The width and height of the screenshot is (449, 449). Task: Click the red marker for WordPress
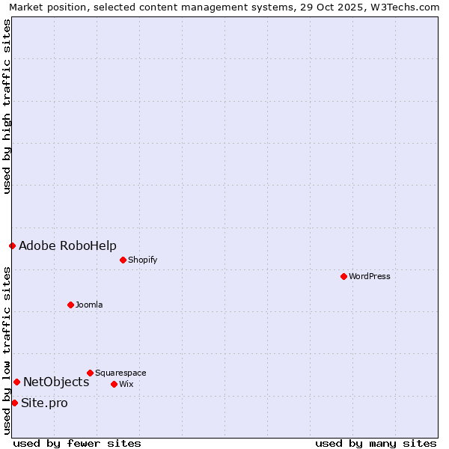pyautogui.click(x=343, y=276)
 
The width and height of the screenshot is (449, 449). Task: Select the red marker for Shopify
pyautogui.click(x=123, y=260)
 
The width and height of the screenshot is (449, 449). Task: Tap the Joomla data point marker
pyautogui.click(x=71, y=305)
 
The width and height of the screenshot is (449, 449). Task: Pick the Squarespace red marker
pyautogui.click(x=90, y=373)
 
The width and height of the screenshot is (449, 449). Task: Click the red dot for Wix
pyautogui.click(x=114, y=384)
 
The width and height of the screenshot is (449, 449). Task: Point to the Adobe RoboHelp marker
pyautogui.click(x=12, y=245)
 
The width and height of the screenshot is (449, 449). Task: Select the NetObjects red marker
pyautogui.click(x=16, y=382)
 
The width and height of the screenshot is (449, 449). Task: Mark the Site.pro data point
pyautogui.click(x=14, y=403)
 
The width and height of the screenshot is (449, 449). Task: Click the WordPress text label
pyautogui.click(x=370, y=276)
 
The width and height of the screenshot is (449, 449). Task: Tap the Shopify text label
pyautogui.click(x=142, y=260)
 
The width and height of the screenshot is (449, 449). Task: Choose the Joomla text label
pyautogui.click(x=89, y=305)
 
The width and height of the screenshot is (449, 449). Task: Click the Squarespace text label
pyautogui.click(x=120, y=373)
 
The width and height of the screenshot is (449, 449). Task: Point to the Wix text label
pyautogui.click(x=126, y=384)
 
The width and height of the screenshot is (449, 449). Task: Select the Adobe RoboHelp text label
pyautogui.click(x=67, y=245)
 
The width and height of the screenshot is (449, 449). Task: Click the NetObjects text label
pyautogui.click(x=56, y=382)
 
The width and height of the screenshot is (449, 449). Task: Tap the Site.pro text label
pyautogui.click(x=44, y=403)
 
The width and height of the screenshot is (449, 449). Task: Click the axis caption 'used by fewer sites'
pyautogui.click(x=77, y=443)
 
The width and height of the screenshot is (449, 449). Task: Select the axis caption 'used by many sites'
pyautogui.click(x=376, y=443)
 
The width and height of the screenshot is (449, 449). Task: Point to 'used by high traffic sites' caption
pyautogui.click(x=7, y=106)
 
